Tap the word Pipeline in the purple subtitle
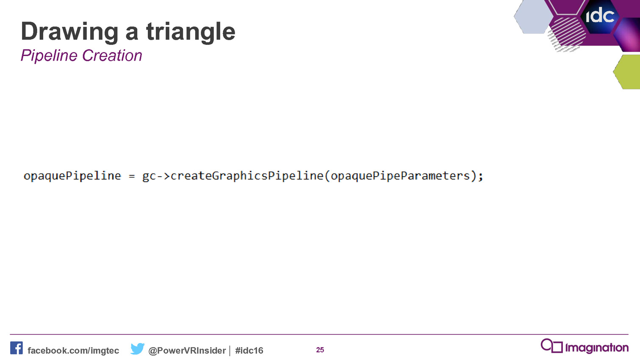[49, 55]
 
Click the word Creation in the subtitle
[112, 55]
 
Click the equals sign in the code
[132, 176]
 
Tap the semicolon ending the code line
[480, 177]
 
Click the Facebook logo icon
[17, 348]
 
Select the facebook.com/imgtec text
[73, 351]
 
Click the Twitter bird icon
[137, 349]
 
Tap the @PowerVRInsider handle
[187, 351]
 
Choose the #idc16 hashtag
[249, 351]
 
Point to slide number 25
[320, 350]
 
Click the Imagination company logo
[585, 346]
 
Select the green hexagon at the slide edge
[627, 72]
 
